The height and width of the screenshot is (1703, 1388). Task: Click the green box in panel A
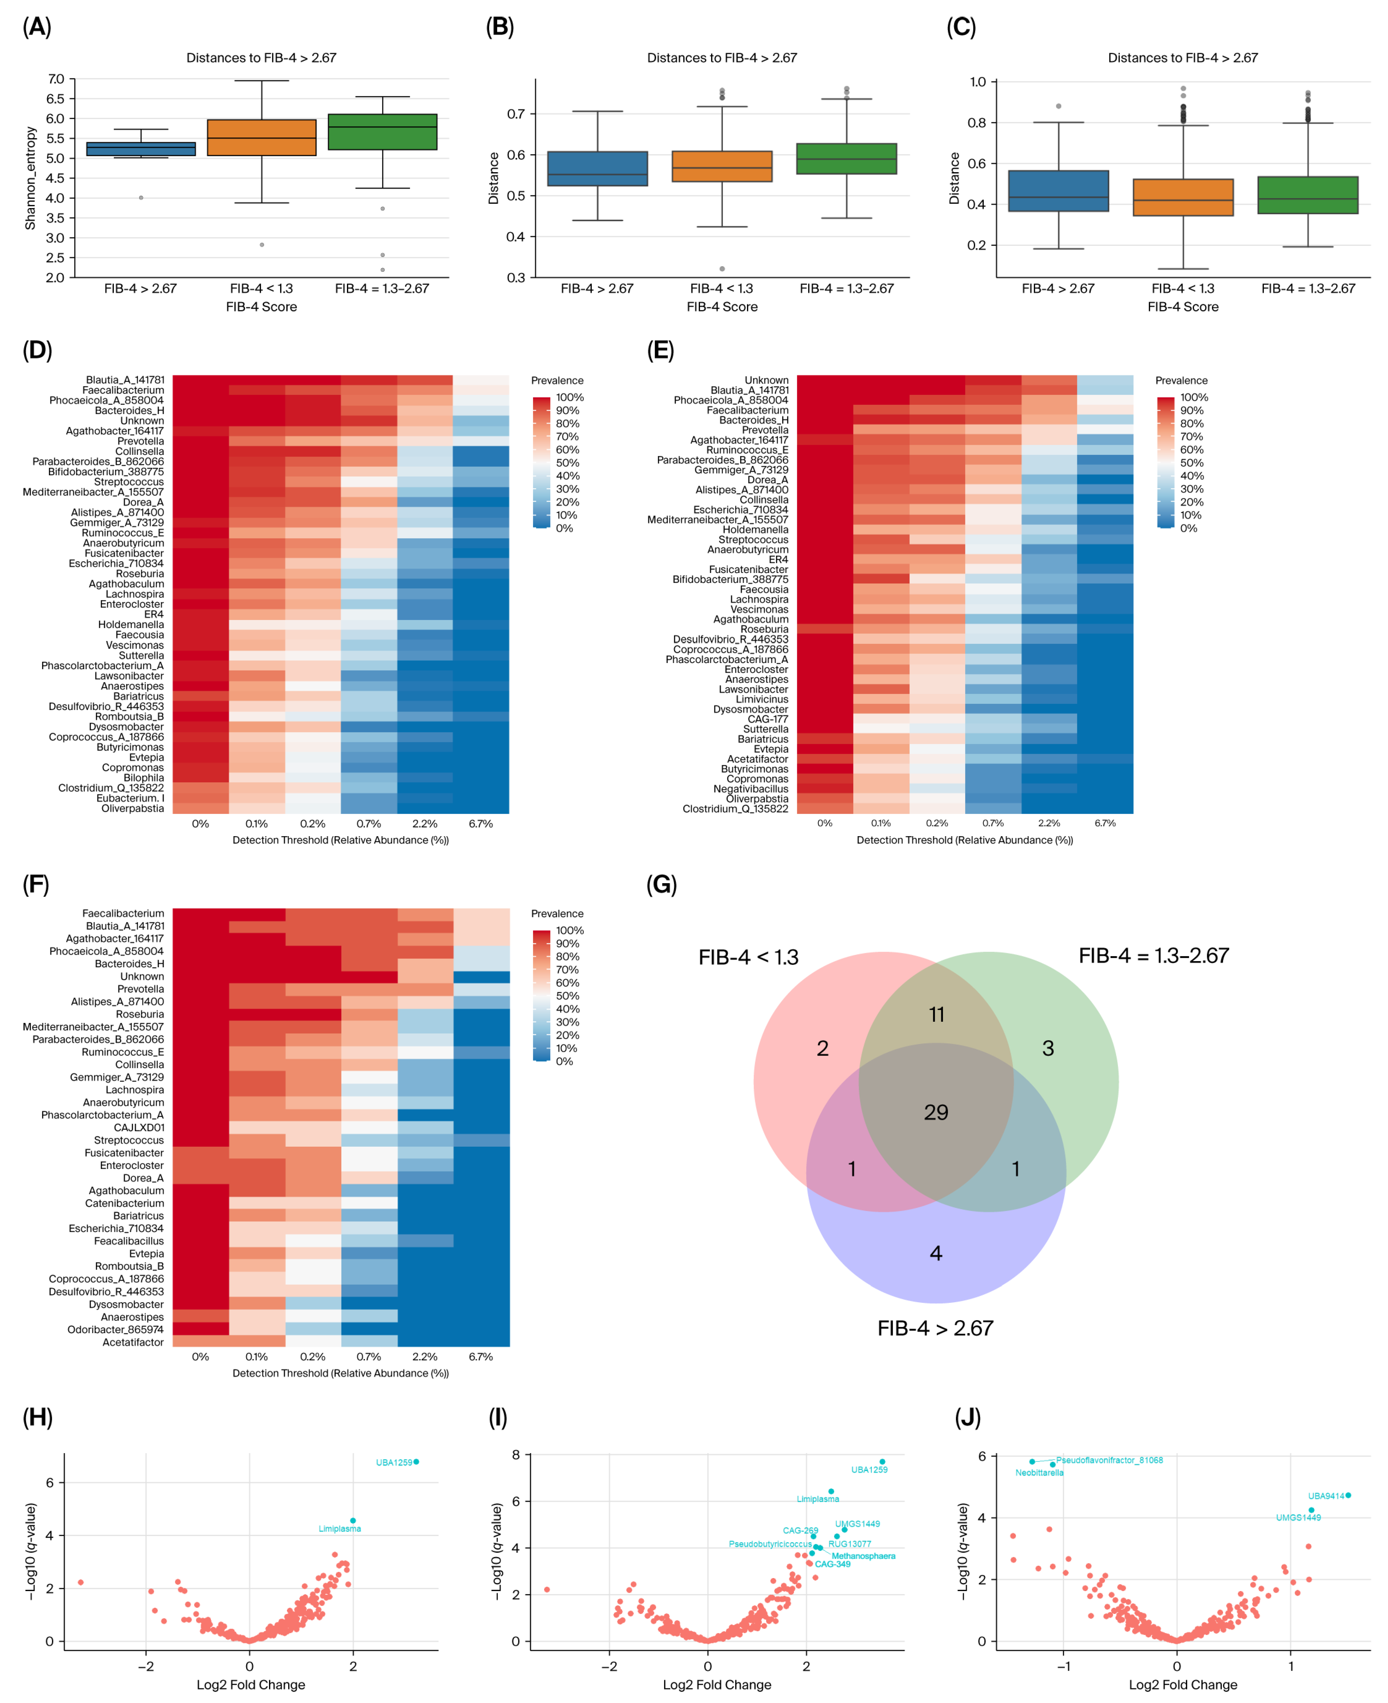click(382, 132)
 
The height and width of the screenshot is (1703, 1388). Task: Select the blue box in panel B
click(597, 169)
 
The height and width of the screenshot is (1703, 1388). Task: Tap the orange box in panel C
click(1183, 198)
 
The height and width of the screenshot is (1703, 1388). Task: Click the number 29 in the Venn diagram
click(935, 1112)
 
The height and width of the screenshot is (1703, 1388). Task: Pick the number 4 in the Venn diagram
click(935, 1253)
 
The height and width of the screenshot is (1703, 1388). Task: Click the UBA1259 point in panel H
click(416, 1462)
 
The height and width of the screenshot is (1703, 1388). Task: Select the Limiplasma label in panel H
click(340, 1529)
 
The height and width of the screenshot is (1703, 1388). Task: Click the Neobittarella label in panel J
click(1038, 1473)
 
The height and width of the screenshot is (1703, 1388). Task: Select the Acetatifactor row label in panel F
click(133, 1342)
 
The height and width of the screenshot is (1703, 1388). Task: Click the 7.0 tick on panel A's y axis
click(56, 79)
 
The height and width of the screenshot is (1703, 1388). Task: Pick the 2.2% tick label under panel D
click(425, 823)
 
